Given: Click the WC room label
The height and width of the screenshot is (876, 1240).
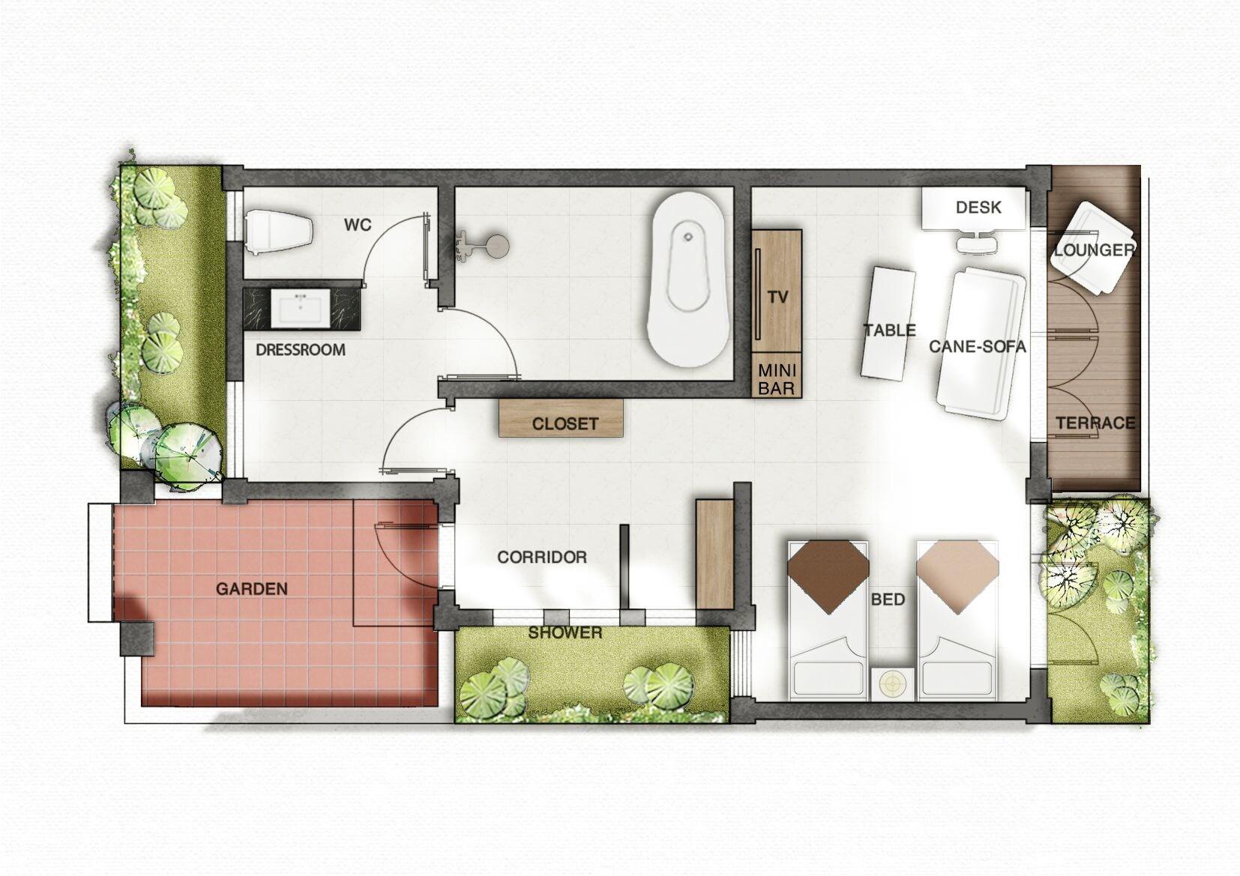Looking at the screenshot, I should point(358,224).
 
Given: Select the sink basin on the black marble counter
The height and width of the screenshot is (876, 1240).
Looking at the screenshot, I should point(301,308).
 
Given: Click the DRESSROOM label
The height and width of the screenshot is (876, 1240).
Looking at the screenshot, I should point(300,350).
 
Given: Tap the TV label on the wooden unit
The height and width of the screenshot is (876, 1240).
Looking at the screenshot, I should point(778,297).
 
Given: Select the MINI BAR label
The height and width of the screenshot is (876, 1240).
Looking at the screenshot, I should point(776,379).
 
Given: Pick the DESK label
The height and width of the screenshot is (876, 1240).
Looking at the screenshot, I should point(978,207).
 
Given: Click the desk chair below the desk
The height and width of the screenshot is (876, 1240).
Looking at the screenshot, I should point(978,244).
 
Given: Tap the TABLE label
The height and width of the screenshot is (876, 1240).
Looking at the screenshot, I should point(889,330).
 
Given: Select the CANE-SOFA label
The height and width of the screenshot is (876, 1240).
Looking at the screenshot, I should point(977,346).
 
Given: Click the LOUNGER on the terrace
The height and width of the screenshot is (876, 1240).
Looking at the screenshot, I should point(1094,249).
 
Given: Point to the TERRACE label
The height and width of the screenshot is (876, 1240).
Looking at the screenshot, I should point(1095,423).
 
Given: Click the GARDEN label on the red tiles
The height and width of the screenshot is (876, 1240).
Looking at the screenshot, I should point(252,589).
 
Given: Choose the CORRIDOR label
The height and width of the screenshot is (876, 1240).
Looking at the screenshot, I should point(541,558).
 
